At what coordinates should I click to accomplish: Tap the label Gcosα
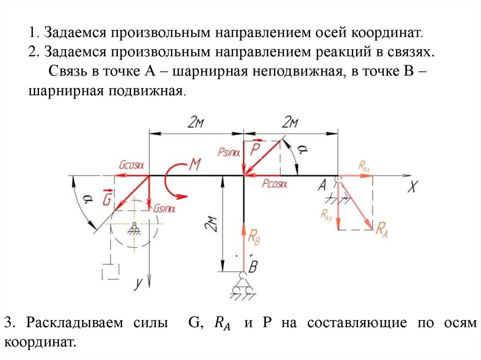pos(131,165)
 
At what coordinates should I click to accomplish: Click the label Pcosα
pos(274,184)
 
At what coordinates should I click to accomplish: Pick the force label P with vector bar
pos(255,149)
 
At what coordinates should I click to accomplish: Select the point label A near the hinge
pos(322,186)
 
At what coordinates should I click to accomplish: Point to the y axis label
pos(138,283)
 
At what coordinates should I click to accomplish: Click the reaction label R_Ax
pos(365,165)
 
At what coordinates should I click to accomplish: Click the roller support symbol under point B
pos(243,286)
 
